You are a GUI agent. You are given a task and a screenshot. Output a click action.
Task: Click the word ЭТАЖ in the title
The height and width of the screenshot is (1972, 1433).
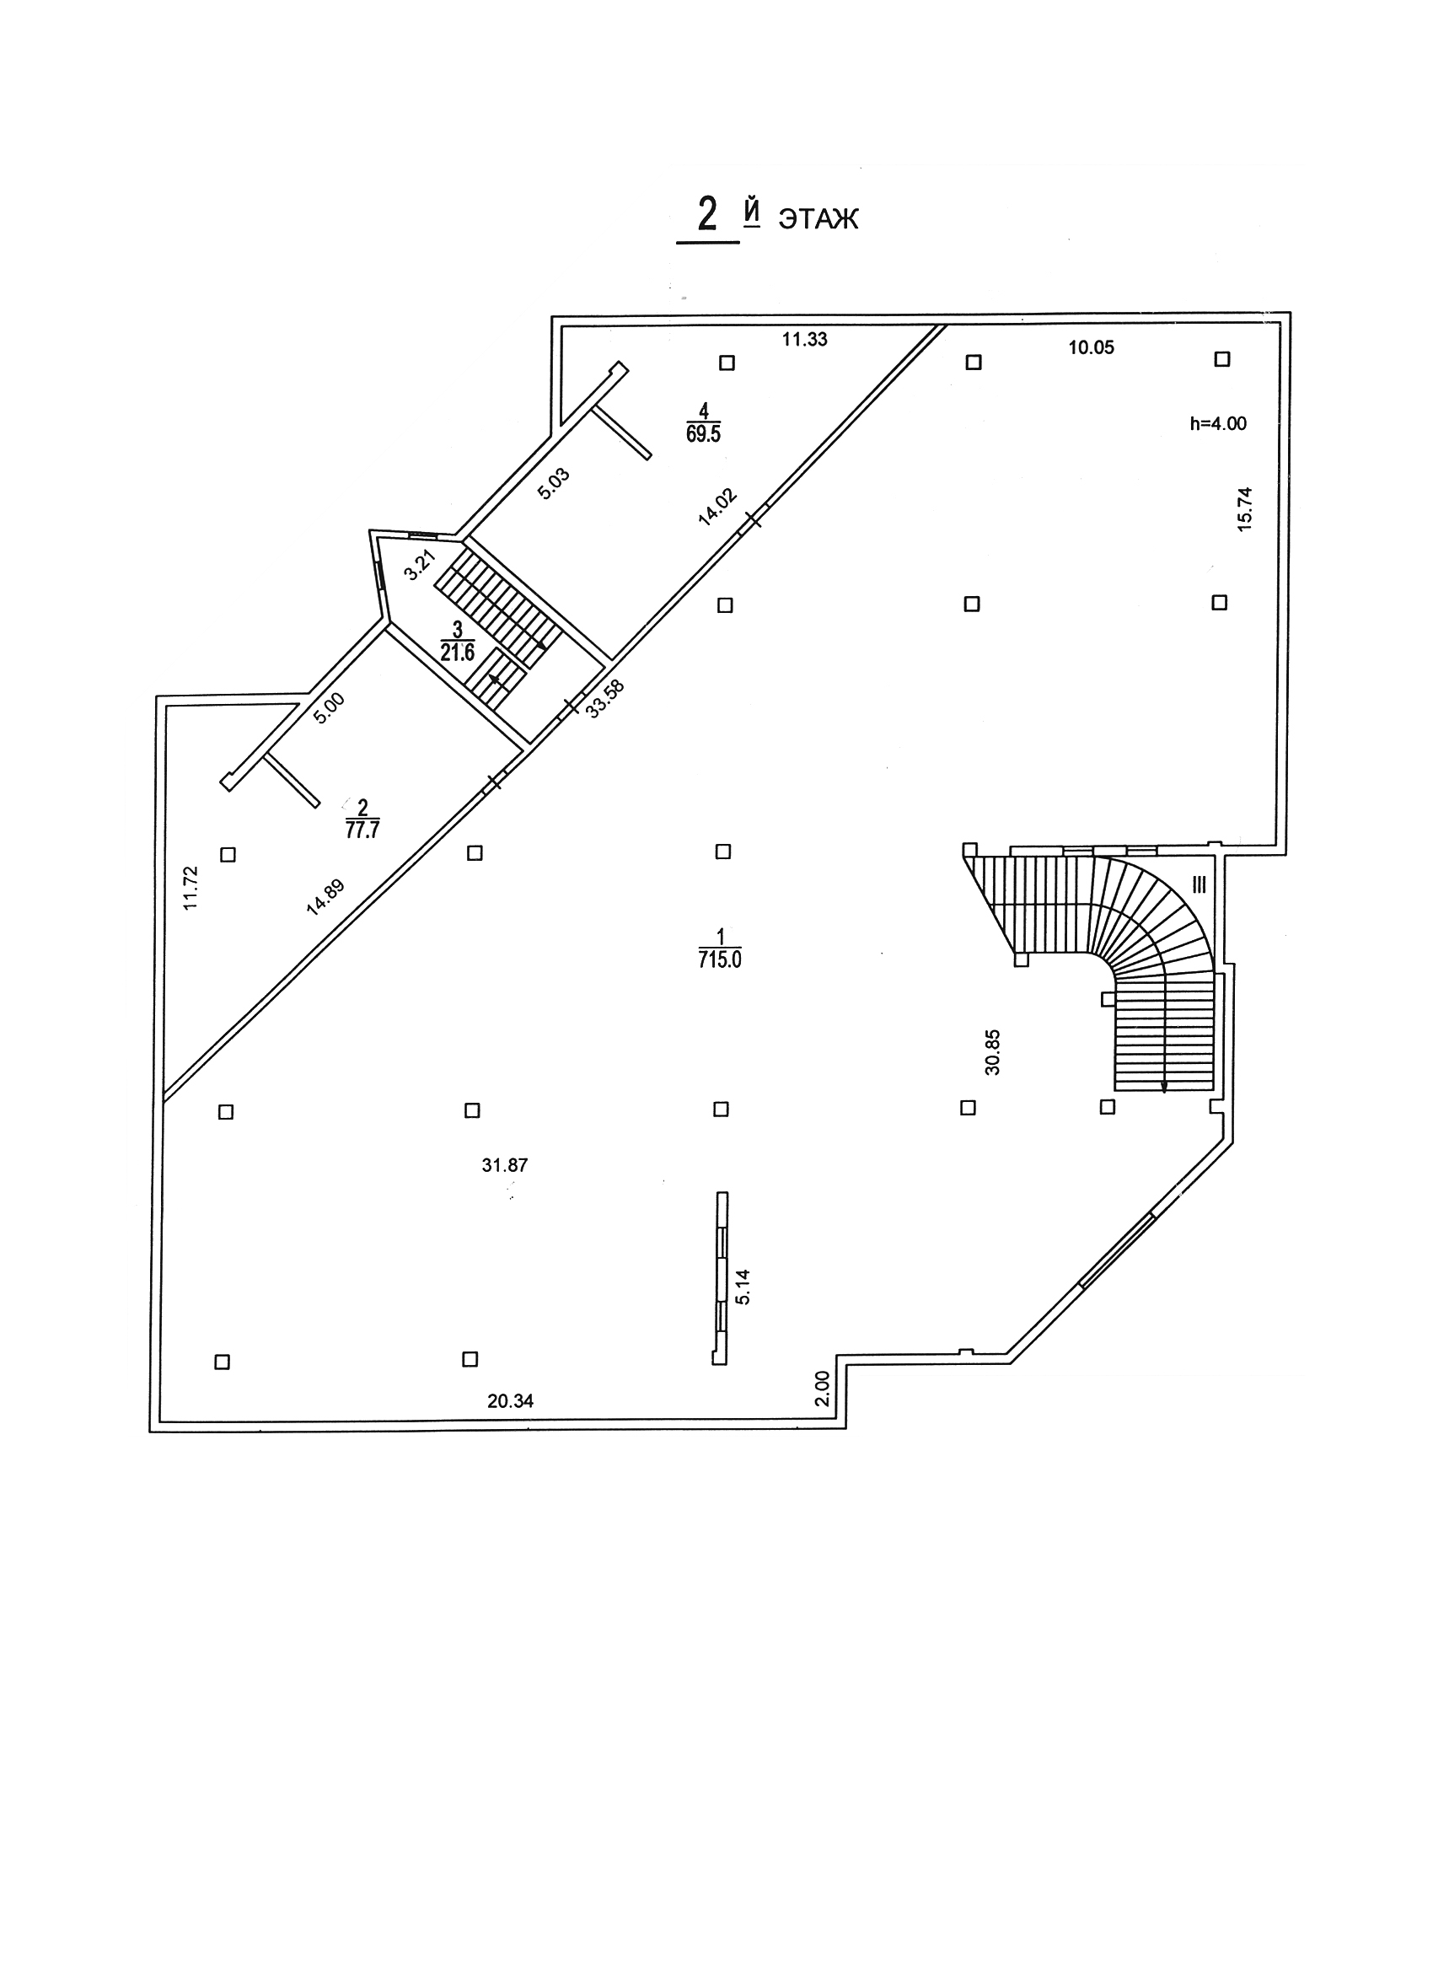(x=818, y=218)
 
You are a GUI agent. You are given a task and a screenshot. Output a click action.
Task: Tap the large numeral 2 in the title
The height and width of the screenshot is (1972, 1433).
(x=708, y=214)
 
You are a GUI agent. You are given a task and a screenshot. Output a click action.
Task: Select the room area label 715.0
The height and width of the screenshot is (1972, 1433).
(x=719, y=960)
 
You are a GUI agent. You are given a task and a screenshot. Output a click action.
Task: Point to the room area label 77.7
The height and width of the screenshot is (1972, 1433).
(x=362, y=829)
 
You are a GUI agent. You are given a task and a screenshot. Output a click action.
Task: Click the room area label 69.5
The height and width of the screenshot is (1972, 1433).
(x=704, y=434)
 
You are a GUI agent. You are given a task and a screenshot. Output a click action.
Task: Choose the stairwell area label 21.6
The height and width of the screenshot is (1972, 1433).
(x=458, y=652)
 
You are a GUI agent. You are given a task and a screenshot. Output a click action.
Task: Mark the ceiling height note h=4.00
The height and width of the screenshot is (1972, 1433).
(x=1217, y=424)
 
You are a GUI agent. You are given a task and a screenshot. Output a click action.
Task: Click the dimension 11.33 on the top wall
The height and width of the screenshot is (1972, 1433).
(x=804, y=340)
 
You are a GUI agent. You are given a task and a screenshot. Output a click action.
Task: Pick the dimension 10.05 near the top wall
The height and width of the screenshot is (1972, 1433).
(x=1091, y=348)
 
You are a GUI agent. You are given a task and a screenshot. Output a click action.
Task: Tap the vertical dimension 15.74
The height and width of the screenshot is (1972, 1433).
(x=1244, y=508)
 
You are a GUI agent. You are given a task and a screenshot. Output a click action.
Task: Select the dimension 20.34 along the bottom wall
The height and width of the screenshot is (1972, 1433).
(x=511, y=1400)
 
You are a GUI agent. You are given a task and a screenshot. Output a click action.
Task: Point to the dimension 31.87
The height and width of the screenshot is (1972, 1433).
(x=504, y=1165)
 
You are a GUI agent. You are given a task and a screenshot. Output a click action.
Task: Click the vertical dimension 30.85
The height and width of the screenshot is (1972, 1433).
(x=993, y=1052)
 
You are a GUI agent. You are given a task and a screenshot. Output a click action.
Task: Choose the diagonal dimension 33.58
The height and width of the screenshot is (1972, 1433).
(x=605, y=698)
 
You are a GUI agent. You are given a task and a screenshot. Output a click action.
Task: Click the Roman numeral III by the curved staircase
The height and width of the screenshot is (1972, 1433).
(x=1200, y=885)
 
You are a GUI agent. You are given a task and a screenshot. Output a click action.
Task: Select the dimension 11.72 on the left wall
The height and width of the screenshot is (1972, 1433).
(x=191, y=888)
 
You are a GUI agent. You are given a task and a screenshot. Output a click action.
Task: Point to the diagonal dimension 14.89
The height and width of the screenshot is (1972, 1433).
(x=326, y=897)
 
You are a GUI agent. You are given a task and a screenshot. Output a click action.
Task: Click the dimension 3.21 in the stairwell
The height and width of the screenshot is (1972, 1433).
(x=420, y=566)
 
